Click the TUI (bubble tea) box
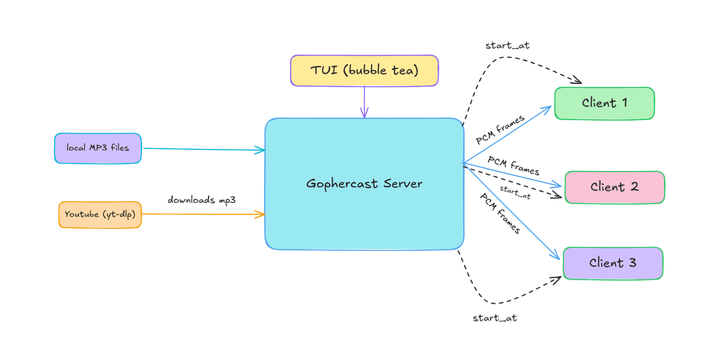364,70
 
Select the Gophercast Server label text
364,184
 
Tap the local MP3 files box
98,148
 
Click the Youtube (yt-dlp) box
100,214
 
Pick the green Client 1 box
604,103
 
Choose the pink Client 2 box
614,187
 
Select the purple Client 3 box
612,263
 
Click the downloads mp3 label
201,200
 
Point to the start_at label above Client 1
507,46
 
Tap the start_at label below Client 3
495,318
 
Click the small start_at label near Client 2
515,192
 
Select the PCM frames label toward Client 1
499,130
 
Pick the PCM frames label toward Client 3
500,213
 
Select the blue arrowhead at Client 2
558,185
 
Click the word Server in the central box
403,184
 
